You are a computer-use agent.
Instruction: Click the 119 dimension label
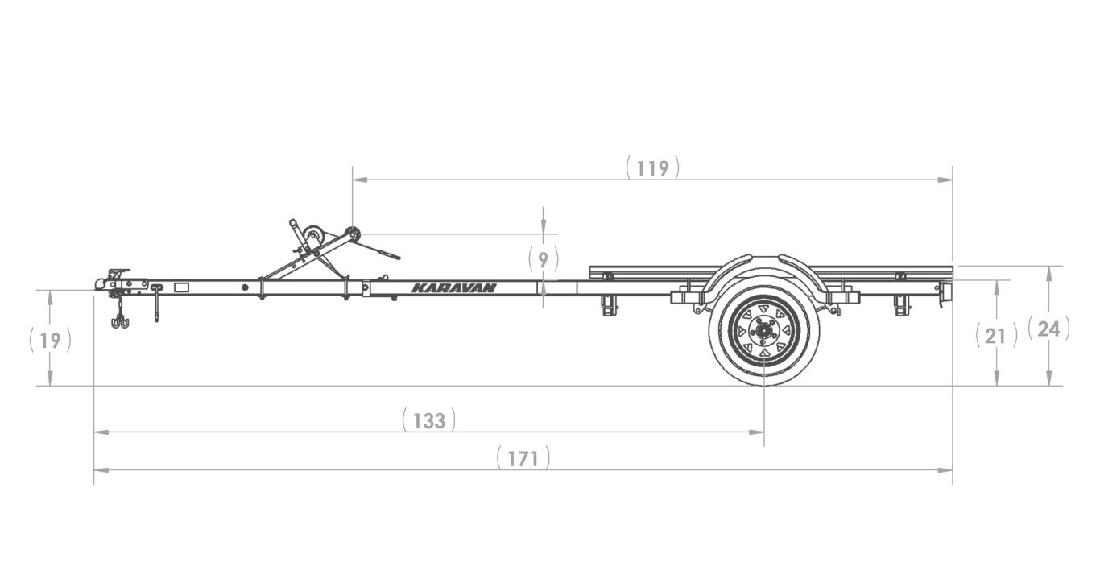point(652,168)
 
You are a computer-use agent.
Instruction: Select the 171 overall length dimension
point(523,459)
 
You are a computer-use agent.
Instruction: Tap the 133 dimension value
point(429,421)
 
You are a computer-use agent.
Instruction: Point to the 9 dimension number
point(543,259)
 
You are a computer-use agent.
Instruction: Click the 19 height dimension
point(50,341)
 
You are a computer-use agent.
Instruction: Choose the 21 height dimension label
point(996,336)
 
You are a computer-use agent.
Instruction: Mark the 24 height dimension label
point(1048,329)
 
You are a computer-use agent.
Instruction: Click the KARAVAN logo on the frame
point(453,287)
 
